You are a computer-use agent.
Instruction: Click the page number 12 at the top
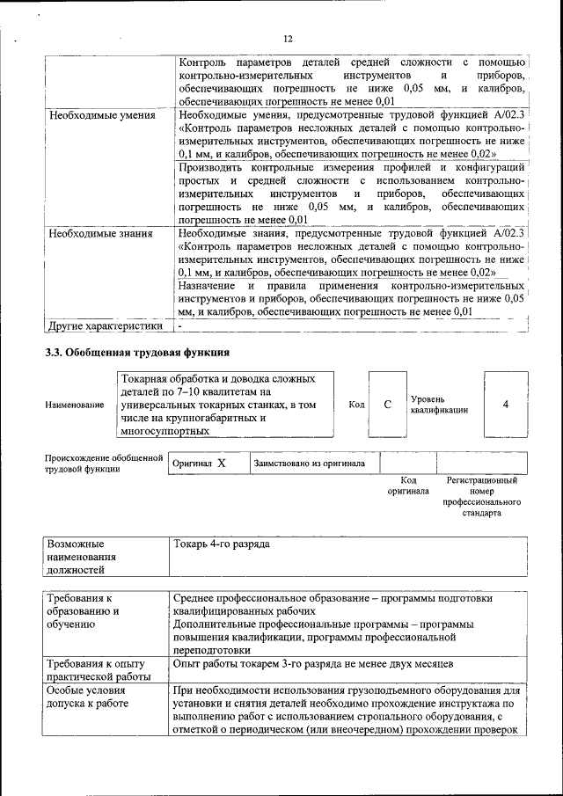pos(287,39)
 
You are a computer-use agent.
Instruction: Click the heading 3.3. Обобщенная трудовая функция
pos(137,352)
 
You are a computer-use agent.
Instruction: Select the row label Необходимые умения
pos(102,115)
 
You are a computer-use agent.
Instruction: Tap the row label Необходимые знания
pos(101,234)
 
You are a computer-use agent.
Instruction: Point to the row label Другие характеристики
pos(106,325)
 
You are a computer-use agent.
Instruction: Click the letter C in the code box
pos(387,404)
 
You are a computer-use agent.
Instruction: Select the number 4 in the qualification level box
pos(505,404)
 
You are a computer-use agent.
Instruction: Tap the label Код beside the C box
pos(356,404)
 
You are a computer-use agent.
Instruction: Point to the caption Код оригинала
pos(408,486)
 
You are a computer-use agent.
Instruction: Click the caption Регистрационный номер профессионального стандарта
pos(481,496)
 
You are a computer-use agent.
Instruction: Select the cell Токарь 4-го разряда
pos(222,544)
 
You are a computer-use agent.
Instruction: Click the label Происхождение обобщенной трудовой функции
pos(104,463)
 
